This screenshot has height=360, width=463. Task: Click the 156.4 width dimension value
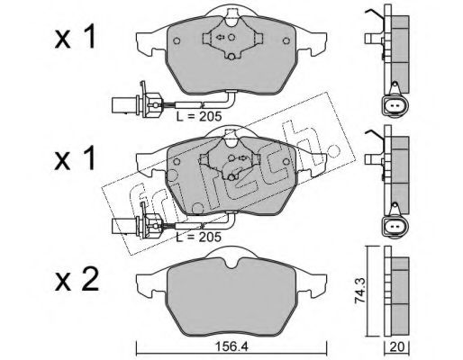(x=231, y=347)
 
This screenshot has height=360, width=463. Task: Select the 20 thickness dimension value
(x=397, y=347)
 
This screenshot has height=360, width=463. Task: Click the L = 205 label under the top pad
(x=199, y=116)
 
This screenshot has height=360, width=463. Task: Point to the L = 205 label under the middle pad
(x=198, y=237)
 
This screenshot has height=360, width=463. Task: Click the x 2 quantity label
(x=77, y=279)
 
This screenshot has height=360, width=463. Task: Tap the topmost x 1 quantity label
(x=75, y=37)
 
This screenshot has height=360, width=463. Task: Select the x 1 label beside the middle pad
(x=75, y=158)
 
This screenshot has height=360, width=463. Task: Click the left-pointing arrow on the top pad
(x=220, y=37)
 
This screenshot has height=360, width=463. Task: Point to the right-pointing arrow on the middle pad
(x=242, y=157)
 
